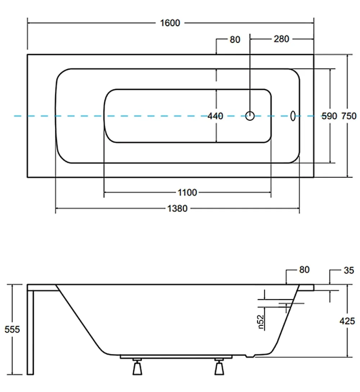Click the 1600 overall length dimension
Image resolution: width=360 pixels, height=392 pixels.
(170, 23)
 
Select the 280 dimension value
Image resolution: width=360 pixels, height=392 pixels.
(281, 39)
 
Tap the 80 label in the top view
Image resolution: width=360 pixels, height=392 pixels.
(235, 40)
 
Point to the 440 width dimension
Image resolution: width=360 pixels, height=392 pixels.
(215, 116)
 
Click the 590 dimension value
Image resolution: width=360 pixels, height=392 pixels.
(329, 116)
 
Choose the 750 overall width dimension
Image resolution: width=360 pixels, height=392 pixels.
(349, 116)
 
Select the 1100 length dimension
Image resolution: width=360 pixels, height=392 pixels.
(187, 193)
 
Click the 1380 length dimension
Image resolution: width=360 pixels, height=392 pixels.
(177, 208)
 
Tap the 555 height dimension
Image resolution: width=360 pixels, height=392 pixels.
(12, 329)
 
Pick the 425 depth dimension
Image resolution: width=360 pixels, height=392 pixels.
(347, 321)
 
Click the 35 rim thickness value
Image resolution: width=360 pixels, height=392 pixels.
(349, 270)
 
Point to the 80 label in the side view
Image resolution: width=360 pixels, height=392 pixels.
(304, 270)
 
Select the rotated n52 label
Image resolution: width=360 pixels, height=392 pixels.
(261, 322)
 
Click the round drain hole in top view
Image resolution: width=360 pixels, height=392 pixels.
(250, 116)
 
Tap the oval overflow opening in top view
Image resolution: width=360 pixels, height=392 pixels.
(293, 116)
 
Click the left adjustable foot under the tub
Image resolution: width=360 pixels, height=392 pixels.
(137, 367)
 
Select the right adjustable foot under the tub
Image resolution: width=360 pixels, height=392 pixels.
(219, 367)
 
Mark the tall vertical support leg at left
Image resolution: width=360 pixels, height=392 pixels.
(30, 333)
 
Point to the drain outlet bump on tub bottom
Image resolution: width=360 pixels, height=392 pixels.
(250, 356)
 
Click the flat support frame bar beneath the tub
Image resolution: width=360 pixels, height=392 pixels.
(176, 357)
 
